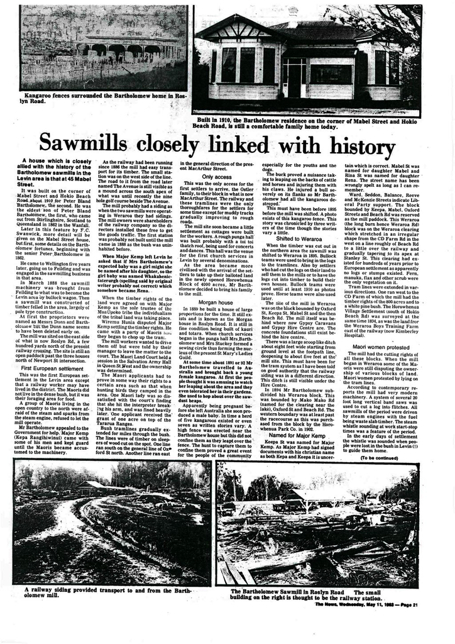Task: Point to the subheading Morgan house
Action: [216, 303]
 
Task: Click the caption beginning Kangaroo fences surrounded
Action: [102, 96]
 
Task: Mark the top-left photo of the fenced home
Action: [102, 48]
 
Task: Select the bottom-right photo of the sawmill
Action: [317, 524]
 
